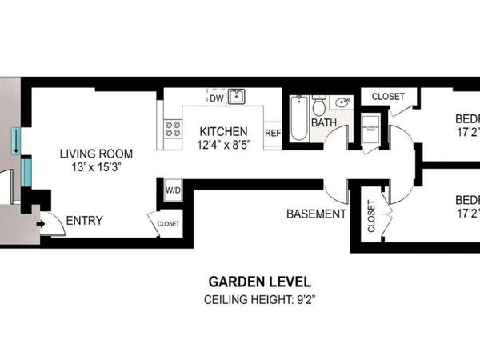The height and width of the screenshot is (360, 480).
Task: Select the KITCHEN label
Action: pos(224,131)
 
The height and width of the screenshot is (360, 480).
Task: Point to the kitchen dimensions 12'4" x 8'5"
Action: pos(224,144)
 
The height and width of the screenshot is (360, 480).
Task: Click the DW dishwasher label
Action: pos(216,98)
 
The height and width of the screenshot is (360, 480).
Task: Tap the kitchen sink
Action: pos(236,98)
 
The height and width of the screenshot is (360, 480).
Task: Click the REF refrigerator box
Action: pos(273,133)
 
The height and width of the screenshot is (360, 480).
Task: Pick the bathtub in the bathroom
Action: pos(298,119)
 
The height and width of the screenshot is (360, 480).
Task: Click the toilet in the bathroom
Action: pos(318,106)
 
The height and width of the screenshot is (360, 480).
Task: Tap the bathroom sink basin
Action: pos(343,102)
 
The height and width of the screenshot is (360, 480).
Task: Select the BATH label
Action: pos(324,123)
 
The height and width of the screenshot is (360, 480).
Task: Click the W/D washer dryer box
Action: pos(173,190)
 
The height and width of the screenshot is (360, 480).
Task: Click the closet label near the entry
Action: pos(168,224)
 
